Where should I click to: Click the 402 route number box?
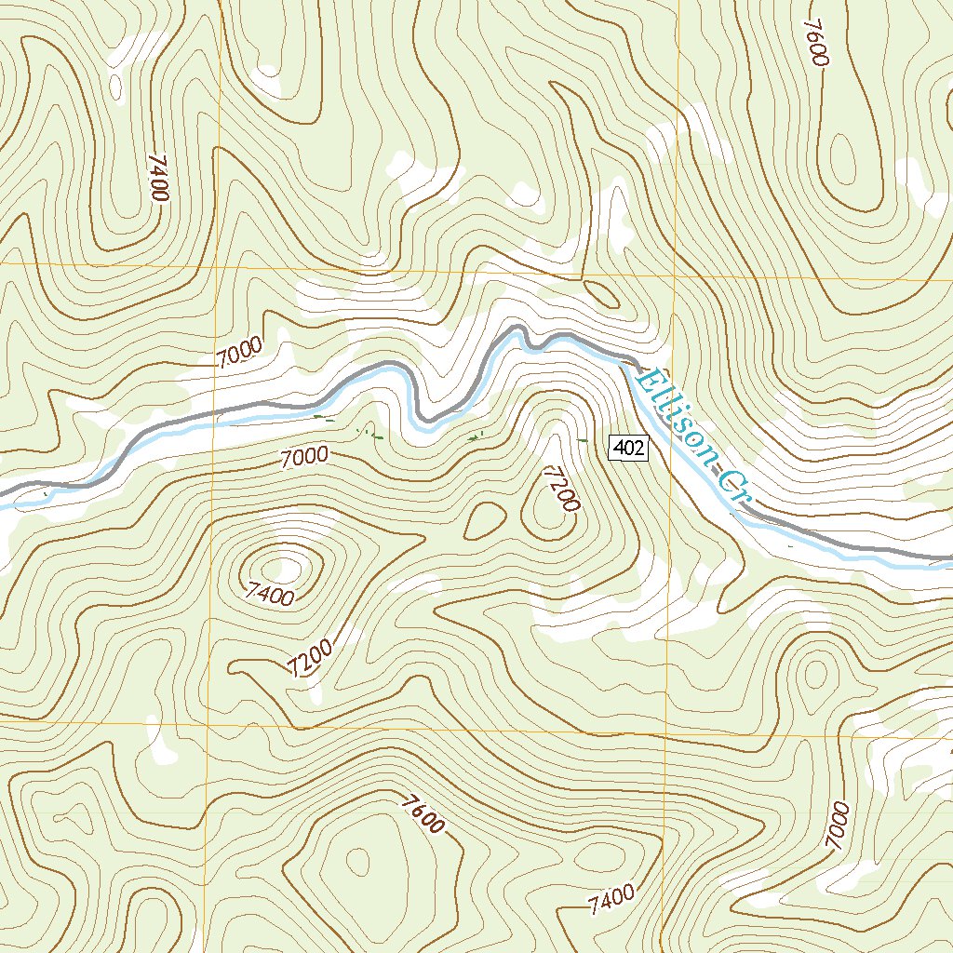point(628,449)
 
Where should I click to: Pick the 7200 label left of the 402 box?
point(561,490)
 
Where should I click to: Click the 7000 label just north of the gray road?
point(238,354)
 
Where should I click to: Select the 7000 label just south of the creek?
point(303,455)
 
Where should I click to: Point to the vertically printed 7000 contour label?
point(838,825)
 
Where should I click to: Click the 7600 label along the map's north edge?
point(814,42)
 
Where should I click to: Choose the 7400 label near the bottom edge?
point(611,899)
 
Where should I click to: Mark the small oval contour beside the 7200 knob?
point(484,521)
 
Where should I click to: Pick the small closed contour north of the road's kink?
point(602,294)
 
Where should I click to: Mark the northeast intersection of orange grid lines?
point(678,277)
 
